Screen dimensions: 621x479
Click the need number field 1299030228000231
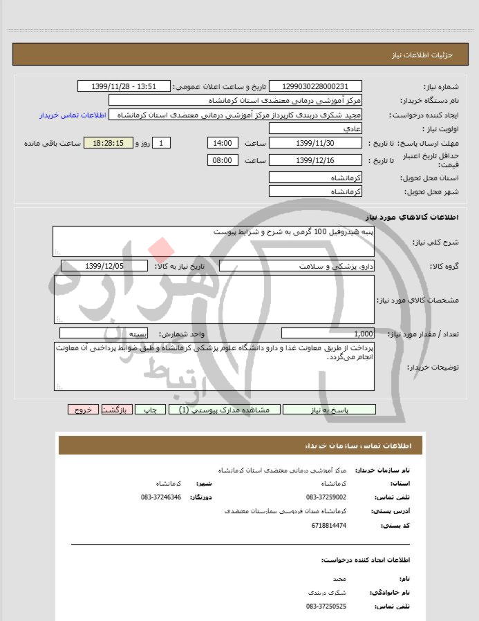315,86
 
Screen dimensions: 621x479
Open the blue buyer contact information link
71,115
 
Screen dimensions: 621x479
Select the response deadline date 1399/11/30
315,143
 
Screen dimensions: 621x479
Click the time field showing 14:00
223,143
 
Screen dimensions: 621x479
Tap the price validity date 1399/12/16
315,160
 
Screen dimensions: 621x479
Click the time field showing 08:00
223,160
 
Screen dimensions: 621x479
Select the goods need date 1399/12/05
104,266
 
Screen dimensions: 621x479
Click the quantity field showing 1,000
328,333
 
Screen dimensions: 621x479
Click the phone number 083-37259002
326,497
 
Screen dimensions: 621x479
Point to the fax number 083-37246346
160,497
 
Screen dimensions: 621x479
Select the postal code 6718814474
329,526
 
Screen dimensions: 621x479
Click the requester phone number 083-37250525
326,606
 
